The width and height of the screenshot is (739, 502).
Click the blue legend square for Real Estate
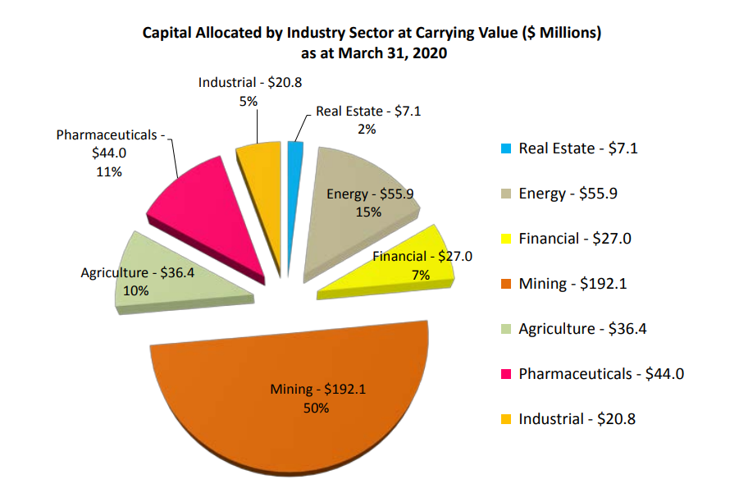pyautogui.click(x=504, y=149)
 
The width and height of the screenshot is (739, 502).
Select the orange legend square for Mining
pyautogui.click(x=504, y=284)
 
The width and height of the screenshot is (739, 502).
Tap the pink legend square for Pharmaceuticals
pyautogui.click(x=504, y=374)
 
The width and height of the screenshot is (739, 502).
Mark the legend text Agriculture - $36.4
pyautogui.click(x=589, y=329)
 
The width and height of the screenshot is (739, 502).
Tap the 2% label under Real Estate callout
pyautogui.click(x=367, y=129)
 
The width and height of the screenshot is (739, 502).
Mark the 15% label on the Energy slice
pyautogui.click(x=368, y=212)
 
